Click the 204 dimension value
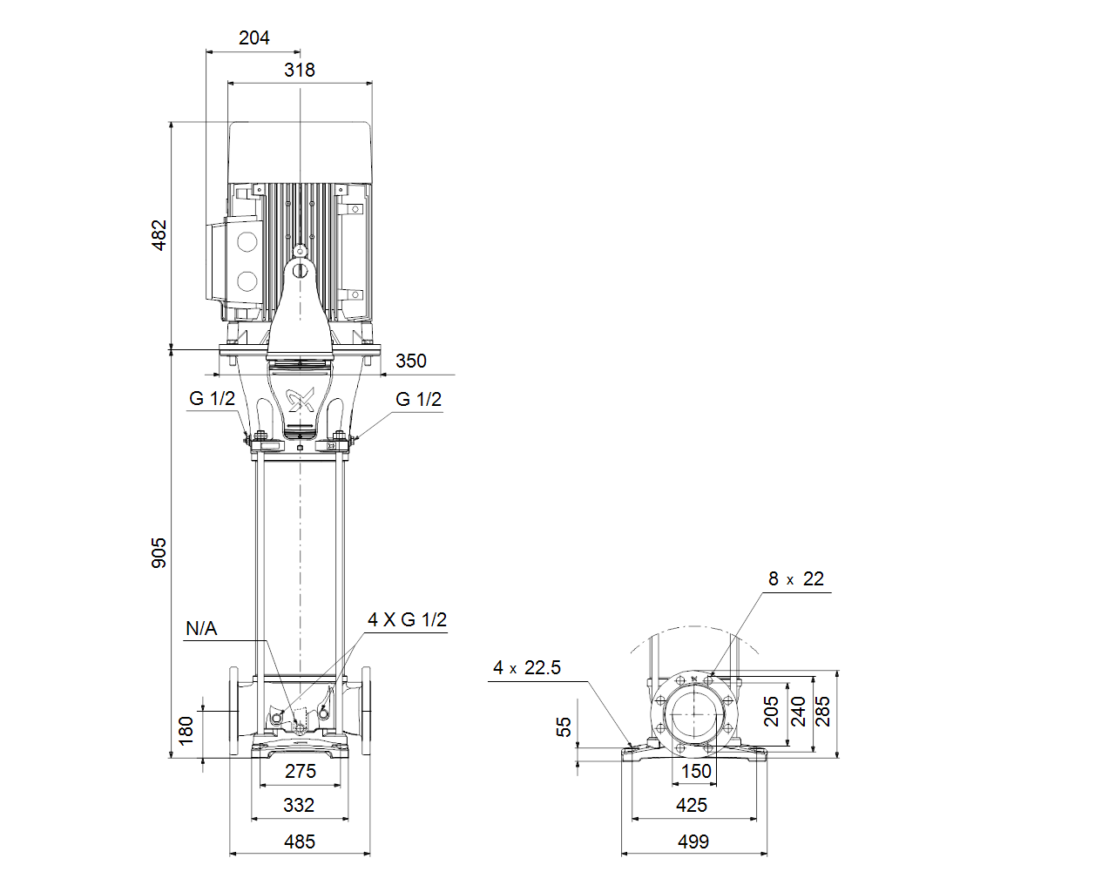click(253, 37)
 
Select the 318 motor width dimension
click(300, 70)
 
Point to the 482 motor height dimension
click(159, 235)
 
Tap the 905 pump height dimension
click(159, 553)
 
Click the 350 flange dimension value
click(411, 361)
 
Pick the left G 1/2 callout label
click(212, 398)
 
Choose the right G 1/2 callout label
click(419, 399)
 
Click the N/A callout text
click(201, 629)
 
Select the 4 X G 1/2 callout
click(408, 619)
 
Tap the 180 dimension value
click(186, 731)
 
